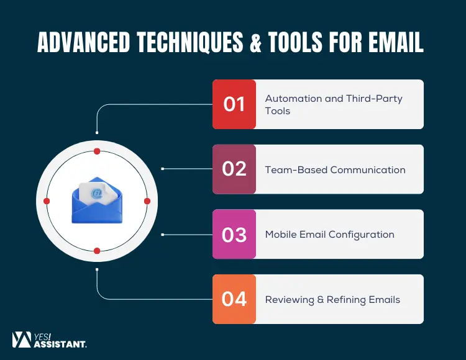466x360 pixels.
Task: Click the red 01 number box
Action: click(234, 104)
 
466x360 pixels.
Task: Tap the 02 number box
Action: click(234, 169)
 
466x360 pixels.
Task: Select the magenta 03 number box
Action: click(234, 235)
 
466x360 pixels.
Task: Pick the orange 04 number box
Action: click(234, 299)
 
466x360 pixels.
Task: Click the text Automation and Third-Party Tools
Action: click(334, 104)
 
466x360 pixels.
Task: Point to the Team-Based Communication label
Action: click(335, 169)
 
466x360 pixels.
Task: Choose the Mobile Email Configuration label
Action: click(329, 235)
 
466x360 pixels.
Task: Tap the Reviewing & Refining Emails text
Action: click(332, 299)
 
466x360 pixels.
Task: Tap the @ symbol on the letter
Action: click(96, 193)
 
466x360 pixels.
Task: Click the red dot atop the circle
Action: click(97, 151)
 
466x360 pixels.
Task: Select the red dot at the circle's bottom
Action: click(97, 251)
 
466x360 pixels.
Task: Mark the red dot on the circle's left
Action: click(47, 201)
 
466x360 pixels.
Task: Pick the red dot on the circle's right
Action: click(147, 201)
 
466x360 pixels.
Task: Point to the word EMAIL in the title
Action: click(393, 42)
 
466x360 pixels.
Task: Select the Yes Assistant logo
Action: click(50, 340)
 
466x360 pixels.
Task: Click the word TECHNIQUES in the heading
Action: click(198, 42)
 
